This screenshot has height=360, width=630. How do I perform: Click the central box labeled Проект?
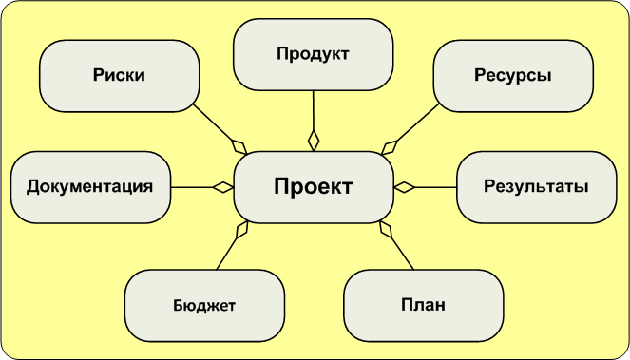pyautogui.click(x=313, y=186)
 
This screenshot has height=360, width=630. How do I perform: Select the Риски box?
pyautogui.click(x=119, y=75)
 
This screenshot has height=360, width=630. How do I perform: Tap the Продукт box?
pyautogui.click(x=314, y=54)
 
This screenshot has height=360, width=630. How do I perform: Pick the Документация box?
pyautogui.click(x=90, y=186)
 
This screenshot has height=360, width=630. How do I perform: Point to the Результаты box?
pyautogui.click(x=535, y=186)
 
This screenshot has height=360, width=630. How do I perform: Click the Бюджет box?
pyautogui.click(x=204, y=305)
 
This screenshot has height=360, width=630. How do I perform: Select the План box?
pyautogui.click(x=423, y=305)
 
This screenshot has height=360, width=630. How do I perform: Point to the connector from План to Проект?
pyautogui.click(x=403, y=251)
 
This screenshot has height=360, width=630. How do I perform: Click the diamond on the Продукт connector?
pyautogui.click(x=314, y=139)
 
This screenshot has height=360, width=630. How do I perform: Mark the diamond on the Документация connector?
pyautogui.click(x=223, y=187)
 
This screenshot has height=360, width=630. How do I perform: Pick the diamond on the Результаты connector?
pyautogui.click(x=405, y=187)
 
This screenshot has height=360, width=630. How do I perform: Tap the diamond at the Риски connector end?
pyautogui.click(x=239, y=145)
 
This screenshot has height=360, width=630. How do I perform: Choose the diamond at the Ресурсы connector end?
pyautogui.click(x=389, y=146)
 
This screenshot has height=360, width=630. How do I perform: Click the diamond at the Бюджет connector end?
pyautogui.click(x=242, y=229)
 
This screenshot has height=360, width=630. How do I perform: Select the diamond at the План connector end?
pyautogui.click(x=386, y=229)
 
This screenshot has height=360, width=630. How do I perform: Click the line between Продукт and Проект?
pyautogui.click(x=314, y=112)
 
